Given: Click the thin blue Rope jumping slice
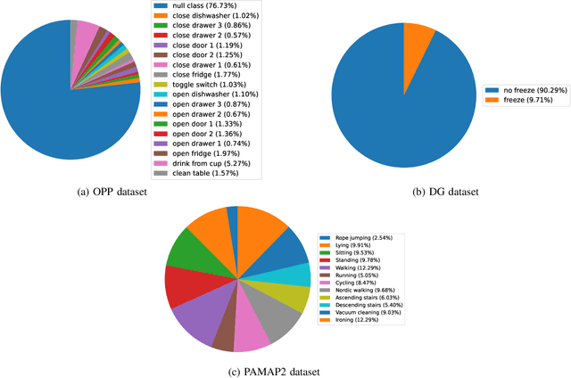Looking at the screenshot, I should click(232, 216).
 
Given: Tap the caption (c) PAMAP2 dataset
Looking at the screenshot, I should click(285, 368).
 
